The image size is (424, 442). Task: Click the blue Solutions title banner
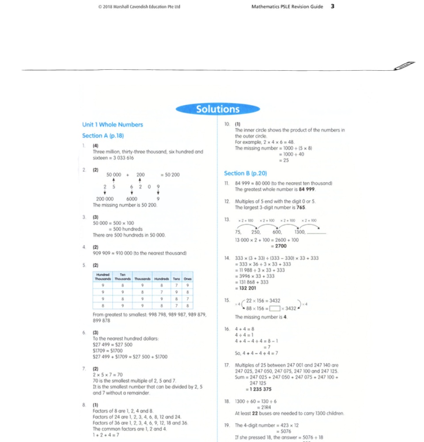(x=218, y=109)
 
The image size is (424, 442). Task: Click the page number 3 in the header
(x=332, y=7)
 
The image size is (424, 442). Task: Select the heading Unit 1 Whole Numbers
(x=112, y=125)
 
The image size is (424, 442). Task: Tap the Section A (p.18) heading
(x=103, y=136)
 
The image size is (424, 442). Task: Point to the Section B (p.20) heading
(x=245, y=173)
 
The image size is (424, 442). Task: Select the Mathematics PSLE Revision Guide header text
(x=287, y=7)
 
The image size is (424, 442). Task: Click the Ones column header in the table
(x=188, y=279)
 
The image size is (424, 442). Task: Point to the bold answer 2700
(x=278, y=246)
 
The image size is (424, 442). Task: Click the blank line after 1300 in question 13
(x=316, y=232)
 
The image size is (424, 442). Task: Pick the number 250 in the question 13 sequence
(x=256, y=232)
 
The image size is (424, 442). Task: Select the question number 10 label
(x=227, y=124)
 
